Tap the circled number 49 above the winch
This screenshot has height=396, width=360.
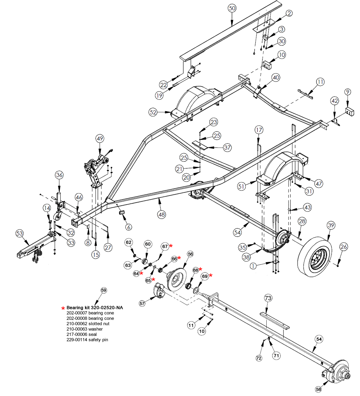click(100, 139)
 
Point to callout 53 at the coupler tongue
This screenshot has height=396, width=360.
click(20, 234)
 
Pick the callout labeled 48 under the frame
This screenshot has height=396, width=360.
click(162, 215)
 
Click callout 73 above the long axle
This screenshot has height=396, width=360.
click(268, 298)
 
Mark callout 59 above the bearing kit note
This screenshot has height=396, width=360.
click(104, 290)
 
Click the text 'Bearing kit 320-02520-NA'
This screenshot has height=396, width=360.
click(95, 308)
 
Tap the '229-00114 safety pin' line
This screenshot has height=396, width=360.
click(90, 340)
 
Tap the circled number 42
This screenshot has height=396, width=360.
click(335, 101)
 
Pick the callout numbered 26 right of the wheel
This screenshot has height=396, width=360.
click(344, 246)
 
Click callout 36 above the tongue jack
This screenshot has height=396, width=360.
click(59, 175)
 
